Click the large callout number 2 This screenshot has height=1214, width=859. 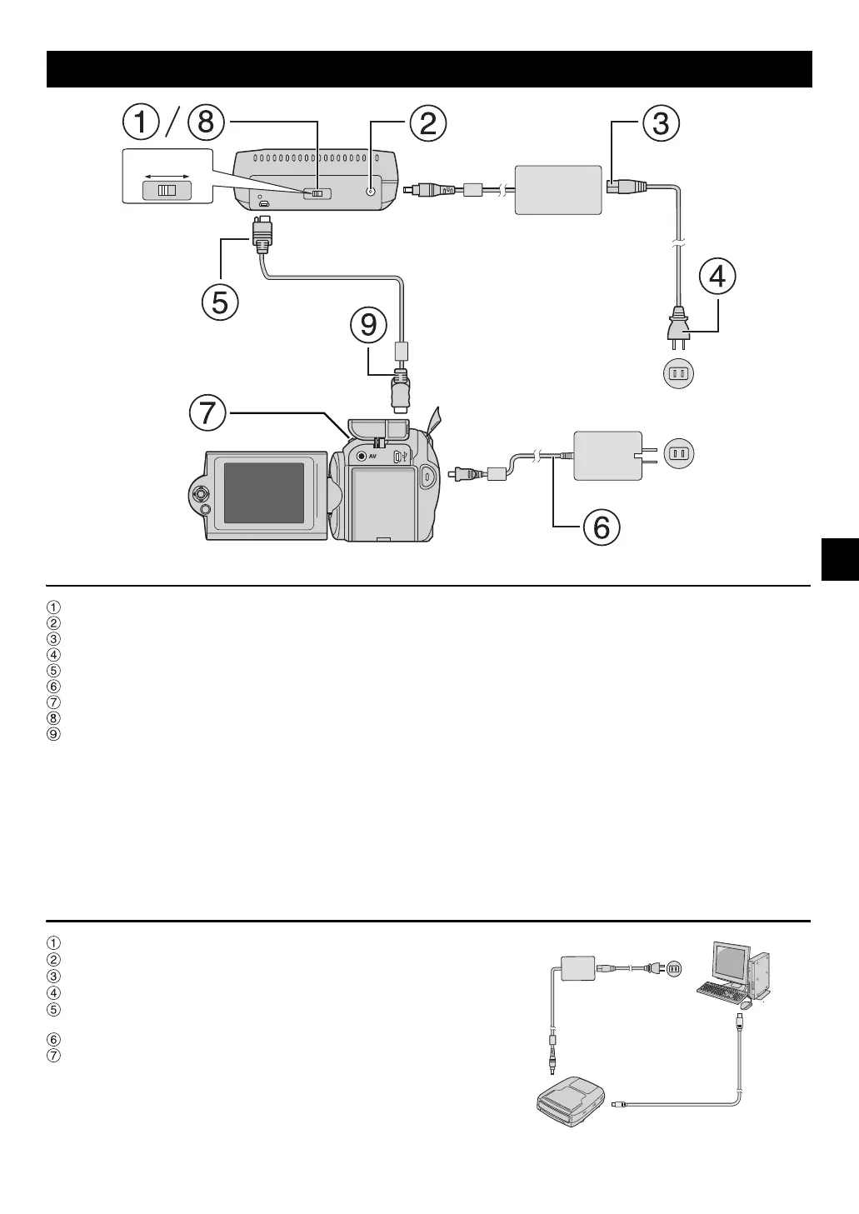click(x=427, y=124)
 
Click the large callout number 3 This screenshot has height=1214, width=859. click(x=660, y=123)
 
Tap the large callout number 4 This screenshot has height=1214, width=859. click(x=717, y=277)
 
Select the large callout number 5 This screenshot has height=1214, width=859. click(x=219, y=302)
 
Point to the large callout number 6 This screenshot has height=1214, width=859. click(x=601, y=527)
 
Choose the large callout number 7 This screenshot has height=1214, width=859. click(x=207, y=412)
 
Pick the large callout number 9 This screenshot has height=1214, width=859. click(x=368, y=325)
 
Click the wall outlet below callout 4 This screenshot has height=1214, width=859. click(x=678, y=374)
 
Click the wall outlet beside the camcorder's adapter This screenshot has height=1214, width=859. click(x=678, y=454)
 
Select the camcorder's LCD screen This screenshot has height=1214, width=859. click(x=263, y=492)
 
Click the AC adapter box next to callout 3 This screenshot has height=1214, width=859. click(x=558, y=190)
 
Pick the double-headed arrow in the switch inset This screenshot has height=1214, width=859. click(x=167, y=177)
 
